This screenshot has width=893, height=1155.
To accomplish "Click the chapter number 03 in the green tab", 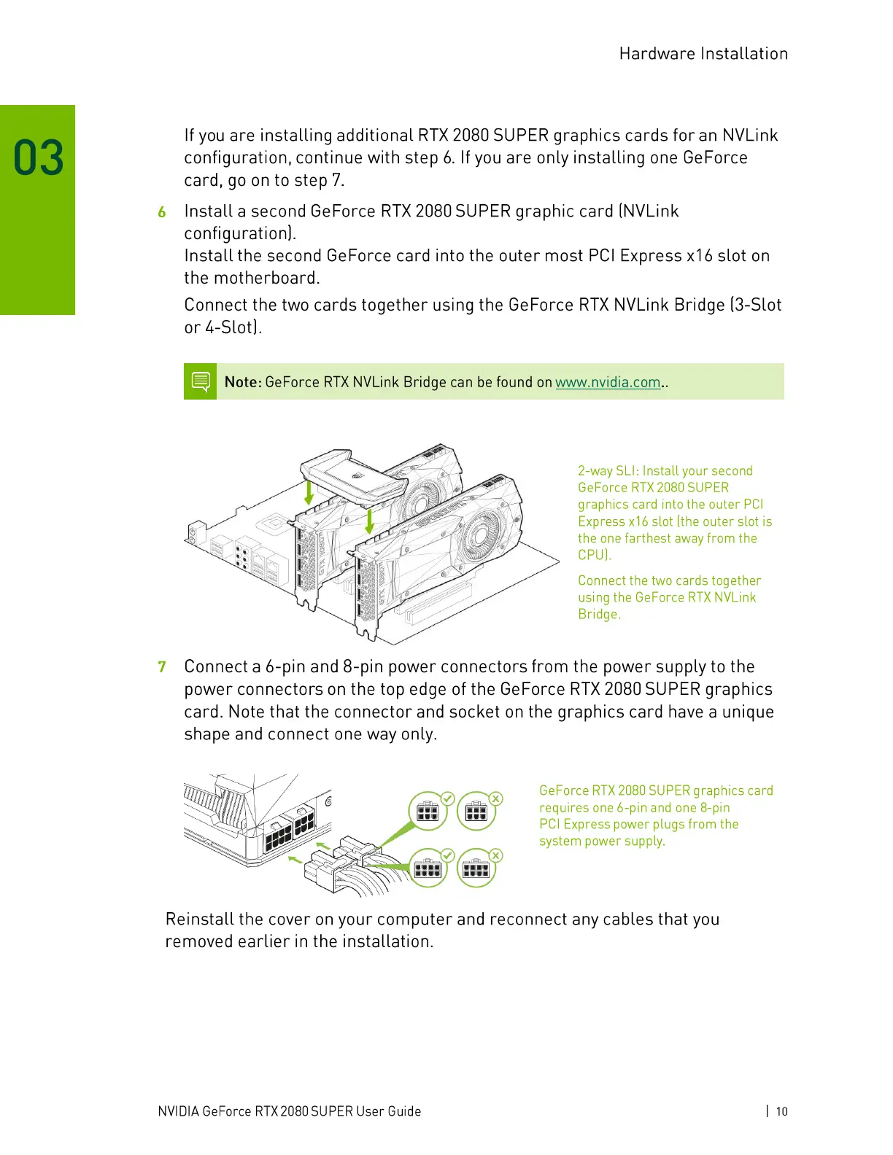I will tap(39, 158).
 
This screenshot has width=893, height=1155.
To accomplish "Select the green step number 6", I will tap(162, 212).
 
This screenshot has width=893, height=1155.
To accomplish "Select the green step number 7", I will tap(162, 667).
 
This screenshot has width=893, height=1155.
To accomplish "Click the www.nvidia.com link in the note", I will tap(608, 382).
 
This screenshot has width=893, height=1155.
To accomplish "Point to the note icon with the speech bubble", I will tap(201, 381).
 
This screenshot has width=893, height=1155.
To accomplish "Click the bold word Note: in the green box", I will tap(243, 382).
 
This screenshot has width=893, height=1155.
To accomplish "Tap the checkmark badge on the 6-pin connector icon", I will tap(448, 798).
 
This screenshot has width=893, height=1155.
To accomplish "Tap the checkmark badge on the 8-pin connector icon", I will tap(448, 855).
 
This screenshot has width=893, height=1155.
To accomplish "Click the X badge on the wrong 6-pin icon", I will tap(496, 798).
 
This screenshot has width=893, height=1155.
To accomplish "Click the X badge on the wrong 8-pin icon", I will tap(496, 855).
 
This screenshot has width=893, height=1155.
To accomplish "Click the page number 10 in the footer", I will tap(781, 1111).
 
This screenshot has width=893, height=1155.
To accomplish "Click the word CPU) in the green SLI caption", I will tap(594, 555).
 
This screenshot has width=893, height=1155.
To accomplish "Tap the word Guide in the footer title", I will tap(404, 1111).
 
